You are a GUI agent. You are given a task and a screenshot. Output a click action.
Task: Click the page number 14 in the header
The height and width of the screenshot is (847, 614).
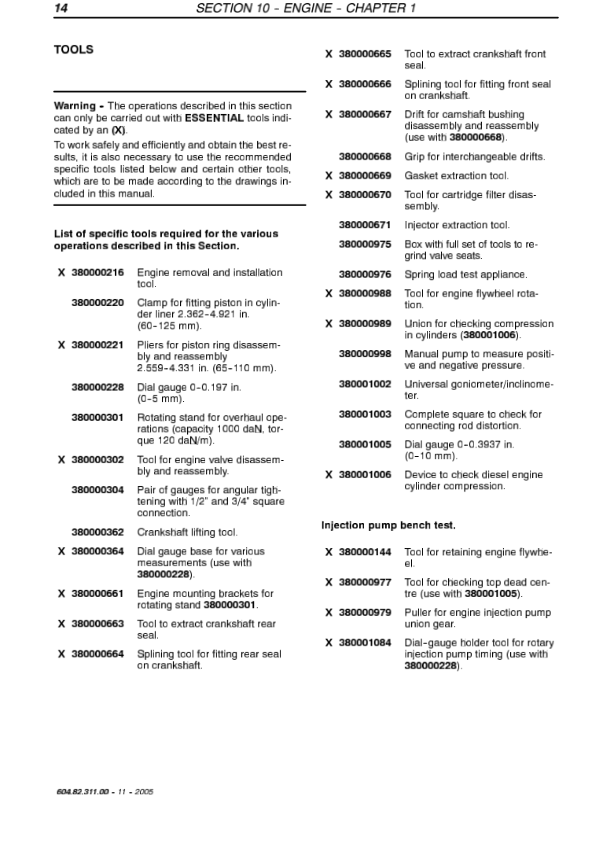(61, 9)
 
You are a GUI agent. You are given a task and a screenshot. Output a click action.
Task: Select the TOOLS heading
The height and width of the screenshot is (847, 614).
(73, 50)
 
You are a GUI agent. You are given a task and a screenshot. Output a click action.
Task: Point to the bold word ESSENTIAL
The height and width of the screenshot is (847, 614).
(214, 118)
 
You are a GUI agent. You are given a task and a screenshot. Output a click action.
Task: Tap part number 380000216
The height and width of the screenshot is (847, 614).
(97, 273)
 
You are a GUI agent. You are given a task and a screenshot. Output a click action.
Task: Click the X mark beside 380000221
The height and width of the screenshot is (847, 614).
(61, 344)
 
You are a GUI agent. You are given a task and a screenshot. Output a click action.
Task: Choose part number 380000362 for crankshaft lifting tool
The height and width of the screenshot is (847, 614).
(97, 532)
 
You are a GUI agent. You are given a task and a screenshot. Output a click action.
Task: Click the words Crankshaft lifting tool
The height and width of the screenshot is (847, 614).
(187, 532)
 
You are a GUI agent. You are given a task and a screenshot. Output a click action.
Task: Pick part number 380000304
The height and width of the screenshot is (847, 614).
(97, 490)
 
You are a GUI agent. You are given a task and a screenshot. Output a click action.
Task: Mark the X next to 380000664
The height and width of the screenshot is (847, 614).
(61, 654)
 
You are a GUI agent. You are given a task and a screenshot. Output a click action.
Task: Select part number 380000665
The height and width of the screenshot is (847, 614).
(365, 54)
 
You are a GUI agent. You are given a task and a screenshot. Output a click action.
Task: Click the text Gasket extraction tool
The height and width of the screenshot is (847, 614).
(456, 175)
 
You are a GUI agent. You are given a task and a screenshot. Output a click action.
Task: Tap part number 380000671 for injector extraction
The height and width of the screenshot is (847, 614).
(365, 225)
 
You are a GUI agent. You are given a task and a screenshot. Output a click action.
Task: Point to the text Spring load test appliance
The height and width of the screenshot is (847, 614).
(465, 274)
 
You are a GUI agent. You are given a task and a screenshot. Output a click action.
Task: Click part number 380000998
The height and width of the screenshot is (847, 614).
(365, 354)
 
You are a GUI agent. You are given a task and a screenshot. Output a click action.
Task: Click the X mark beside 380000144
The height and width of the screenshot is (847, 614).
(329, 552)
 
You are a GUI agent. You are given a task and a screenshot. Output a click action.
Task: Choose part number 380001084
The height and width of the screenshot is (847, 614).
(365, 643)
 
